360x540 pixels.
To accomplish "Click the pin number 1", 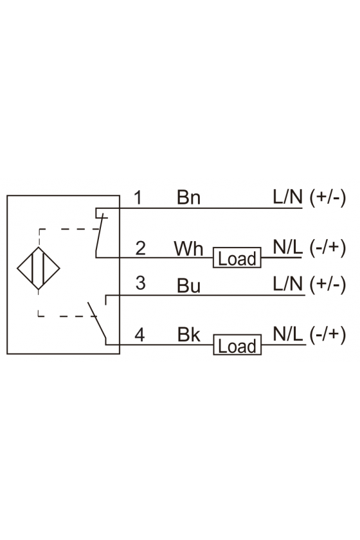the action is tap(138, 198).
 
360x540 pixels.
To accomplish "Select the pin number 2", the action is tap(140, 248).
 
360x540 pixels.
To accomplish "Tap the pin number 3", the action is tap(140, 283).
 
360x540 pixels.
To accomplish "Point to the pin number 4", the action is tap(139, 335).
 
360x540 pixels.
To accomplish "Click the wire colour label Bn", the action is tap(188, 198).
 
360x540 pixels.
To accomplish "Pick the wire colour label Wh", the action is tap(188, 249).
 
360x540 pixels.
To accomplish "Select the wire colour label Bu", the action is tap(188, 285).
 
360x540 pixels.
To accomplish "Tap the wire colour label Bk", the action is tap(188, 335).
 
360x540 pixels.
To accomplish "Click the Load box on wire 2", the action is tap(237, 258).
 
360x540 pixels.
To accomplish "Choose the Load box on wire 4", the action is tap(237, 345).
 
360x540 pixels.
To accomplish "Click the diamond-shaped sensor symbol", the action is tap(38, 268).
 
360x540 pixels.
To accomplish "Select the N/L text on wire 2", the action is tap(287, 247).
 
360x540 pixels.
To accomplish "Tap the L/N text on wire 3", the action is tap(287, 284).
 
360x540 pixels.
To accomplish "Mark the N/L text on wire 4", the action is tap(287, 334).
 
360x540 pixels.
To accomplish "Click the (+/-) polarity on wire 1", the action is tap(327, 198).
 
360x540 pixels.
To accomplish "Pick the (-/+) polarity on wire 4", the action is tap(327, 335).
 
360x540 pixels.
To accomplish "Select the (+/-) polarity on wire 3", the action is tap(327, 285).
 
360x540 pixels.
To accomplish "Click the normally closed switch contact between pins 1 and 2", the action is tap(99, 233).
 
